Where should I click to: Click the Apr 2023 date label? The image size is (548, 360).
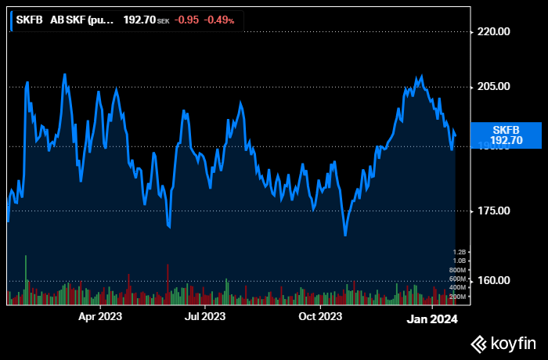[x=99, y=317]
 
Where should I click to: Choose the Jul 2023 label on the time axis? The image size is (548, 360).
[x=204, y=317]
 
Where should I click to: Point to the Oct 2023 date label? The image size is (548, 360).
[x=319, y=317]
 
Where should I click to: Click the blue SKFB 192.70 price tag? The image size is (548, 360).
[x=506, y=135]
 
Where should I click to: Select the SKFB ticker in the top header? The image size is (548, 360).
[x=30, y=20]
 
